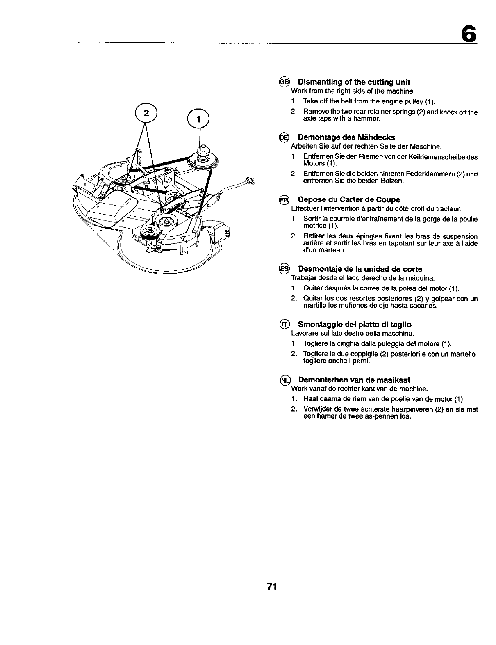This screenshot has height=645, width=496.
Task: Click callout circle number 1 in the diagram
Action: pos(198,119)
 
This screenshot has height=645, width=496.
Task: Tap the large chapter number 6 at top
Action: pos(469,33)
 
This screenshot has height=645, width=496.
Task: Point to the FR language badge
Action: pos(284,200)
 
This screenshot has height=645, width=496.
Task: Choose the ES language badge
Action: pos(284,269)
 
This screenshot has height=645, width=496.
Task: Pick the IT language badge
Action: pos(284,324)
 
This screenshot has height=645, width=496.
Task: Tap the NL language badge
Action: pos(284,380)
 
